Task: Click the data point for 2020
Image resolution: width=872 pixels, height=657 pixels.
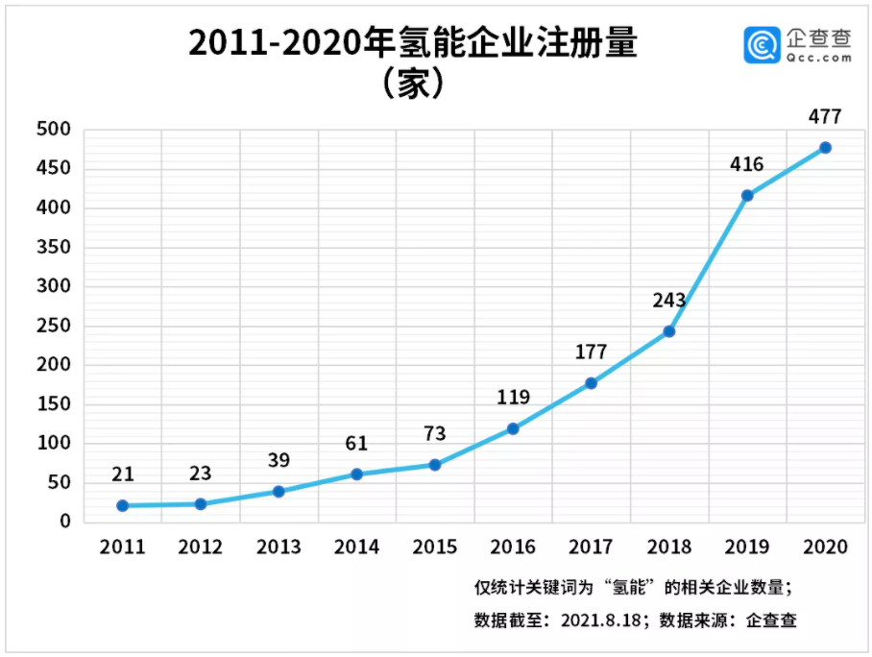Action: click(825, 148)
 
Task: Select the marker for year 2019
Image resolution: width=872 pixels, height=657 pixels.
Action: click(747, 196)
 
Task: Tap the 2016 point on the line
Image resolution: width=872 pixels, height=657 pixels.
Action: click(513, 428)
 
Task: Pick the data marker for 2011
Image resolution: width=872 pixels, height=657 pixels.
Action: click(122, 505)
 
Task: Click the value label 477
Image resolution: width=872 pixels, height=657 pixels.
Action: click(825, 117)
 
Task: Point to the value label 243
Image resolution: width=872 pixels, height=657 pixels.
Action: click(668, 301)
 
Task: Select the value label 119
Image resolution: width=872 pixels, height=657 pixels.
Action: click(513, 398)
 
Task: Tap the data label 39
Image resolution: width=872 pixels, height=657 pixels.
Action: click(279, 460)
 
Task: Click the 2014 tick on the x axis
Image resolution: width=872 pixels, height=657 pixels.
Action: click(356, 547)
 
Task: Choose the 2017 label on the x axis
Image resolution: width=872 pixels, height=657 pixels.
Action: click(591, 547)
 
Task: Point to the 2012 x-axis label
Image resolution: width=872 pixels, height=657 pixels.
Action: click(200, 547)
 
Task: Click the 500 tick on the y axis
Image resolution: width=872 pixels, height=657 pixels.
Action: click(54, 130)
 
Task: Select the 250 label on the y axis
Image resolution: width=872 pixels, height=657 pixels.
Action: click(54, 326)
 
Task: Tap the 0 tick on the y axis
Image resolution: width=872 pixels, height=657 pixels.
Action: click(65, 522)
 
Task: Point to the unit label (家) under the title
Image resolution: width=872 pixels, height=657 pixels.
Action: click(412, 85)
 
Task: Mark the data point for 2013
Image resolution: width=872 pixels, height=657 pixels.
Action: click(279, 491)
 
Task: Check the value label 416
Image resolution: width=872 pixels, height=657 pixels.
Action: click(746, 164)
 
